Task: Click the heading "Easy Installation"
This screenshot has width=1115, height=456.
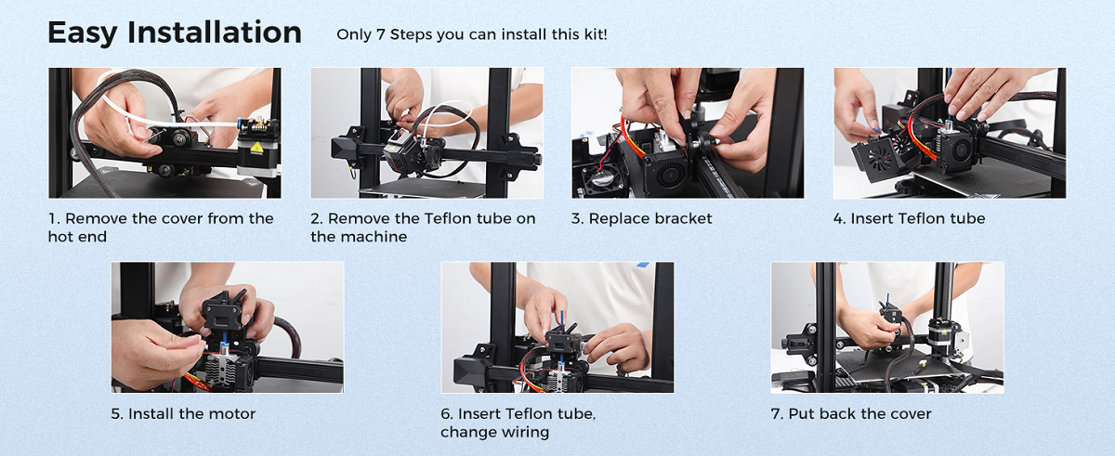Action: (x=175, y=33)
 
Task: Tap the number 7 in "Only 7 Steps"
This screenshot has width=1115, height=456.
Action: (x=380, y=34)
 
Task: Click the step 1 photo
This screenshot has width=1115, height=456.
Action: (x=164, y=133)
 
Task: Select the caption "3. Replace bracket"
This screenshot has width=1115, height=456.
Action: (x=642, y=218)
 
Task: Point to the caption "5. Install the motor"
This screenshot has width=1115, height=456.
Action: (x=183, y=413)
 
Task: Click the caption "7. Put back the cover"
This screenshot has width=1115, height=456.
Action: (x=851, y=413)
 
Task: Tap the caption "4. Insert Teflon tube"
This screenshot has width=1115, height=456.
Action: (x=910, y=218)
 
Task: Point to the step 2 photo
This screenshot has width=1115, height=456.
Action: (x=427, y=133)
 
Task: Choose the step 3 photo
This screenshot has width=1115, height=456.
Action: (x=688, y=133)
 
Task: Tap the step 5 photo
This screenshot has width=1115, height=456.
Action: (x=228, y=328)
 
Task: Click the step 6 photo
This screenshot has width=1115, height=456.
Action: (x=557, y=328)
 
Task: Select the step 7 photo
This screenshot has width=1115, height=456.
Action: (x=887, y=328)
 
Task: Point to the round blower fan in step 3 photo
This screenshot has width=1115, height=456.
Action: (x=667, y=174)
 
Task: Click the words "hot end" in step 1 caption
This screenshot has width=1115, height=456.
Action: (x=77, y=237)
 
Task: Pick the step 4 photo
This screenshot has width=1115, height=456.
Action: (x=950, y=133)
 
